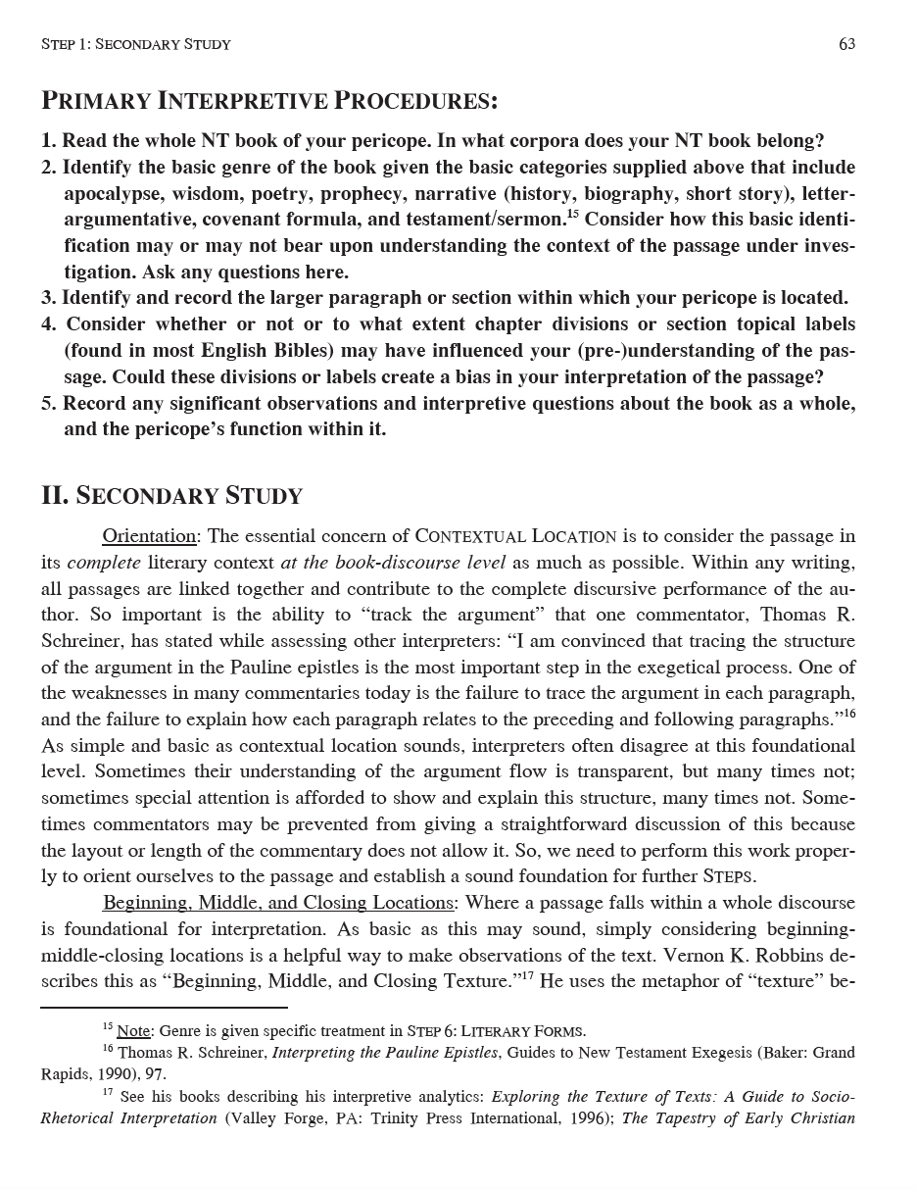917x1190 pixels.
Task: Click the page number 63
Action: pyautogui.click(x=846, y=44)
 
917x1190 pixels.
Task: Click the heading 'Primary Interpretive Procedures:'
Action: pyautogui.click(x=268, y=101)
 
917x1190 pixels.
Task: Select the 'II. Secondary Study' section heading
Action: pyautogui.click(x=171, y=495)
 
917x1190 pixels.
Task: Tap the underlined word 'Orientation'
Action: pyautogui.click(x=149, y=536)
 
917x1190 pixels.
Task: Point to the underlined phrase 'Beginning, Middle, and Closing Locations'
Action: pyautogui.click(x=278, y=903)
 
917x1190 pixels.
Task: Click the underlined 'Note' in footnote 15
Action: pyautogui.click(x=134, y=1031)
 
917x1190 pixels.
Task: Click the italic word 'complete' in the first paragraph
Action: pyautogui.click(x=104, y=563)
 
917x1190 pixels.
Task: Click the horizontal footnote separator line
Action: pyautogui.click(x=164, y=1007)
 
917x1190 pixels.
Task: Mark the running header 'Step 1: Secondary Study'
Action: pyautogui.click(x=136, y=44)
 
